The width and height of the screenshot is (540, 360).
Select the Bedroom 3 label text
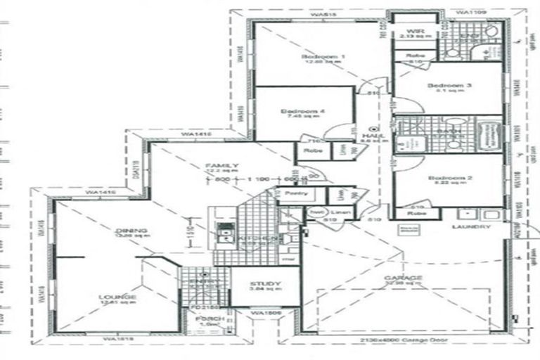point(449,86)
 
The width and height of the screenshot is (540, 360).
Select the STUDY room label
point(264,283)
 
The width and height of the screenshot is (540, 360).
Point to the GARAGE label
point(403,278)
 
